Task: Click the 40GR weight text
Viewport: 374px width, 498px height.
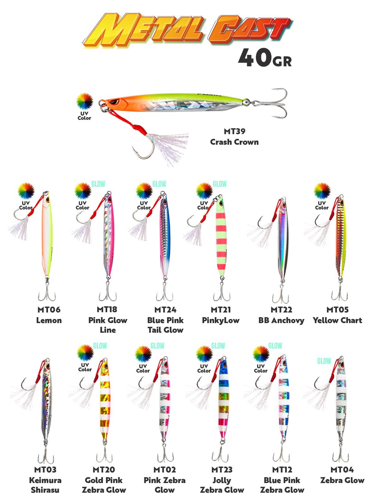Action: coord(265,58)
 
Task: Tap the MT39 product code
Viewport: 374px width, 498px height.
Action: coord(234,131)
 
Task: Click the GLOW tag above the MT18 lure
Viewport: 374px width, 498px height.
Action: coord(98,184)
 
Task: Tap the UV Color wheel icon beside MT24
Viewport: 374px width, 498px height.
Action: coord(144,191)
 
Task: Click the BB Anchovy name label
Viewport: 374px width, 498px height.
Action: coord(281,320)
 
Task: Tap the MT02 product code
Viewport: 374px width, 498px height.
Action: coord(165,469)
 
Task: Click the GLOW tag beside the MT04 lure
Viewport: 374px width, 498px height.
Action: coord(324,361)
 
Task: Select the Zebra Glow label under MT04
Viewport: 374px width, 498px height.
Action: coord(342,480)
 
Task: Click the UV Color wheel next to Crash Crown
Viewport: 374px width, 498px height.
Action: coord(85,101)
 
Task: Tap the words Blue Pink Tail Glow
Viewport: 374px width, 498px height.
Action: coord(165,325)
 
